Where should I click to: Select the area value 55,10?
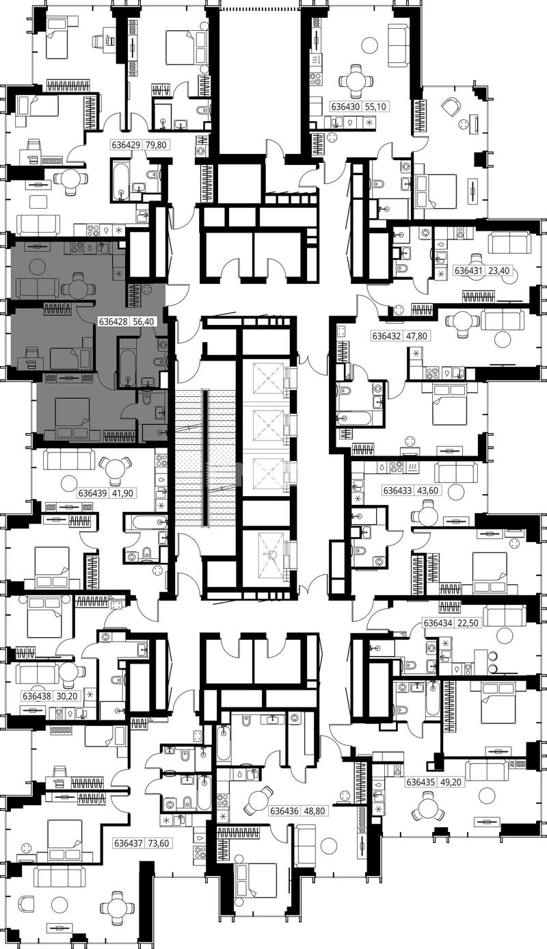pos(375,106)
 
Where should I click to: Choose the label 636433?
pos(397,491)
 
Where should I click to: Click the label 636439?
pos(92,493)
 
